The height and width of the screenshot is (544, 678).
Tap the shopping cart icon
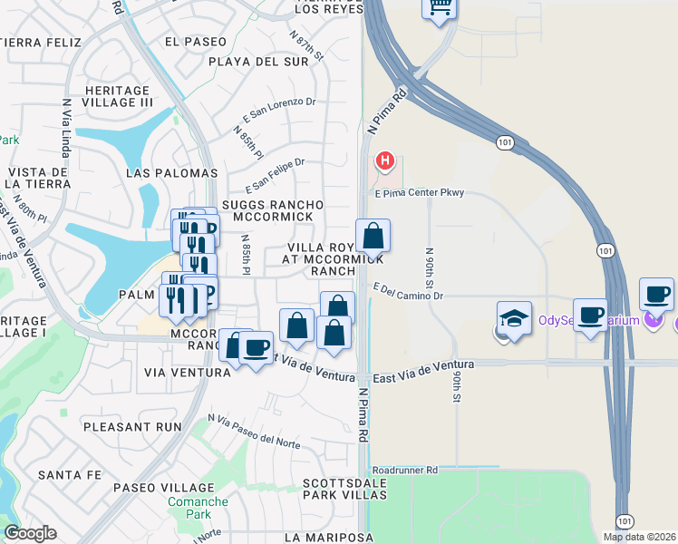[440, 7]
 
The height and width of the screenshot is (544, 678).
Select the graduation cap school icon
[513, 319]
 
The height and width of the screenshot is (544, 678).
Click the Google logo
[30, 533]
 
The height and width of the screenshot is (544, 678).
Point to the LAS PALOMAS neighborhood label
[172, 172]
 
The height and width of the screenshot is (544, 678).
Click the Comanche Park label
[189, 507]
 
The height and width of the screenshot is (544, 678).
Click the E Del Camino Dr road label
[408, 296]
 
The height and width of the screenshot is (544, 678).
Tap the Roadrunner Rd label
[404, 471]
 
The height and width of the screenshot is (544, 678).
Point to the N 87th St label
[307, 45]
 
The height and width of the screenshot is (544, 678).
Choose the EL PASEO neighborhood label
[197, 41]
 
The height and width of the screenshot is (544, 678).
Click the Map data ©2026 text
[640, 537]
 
